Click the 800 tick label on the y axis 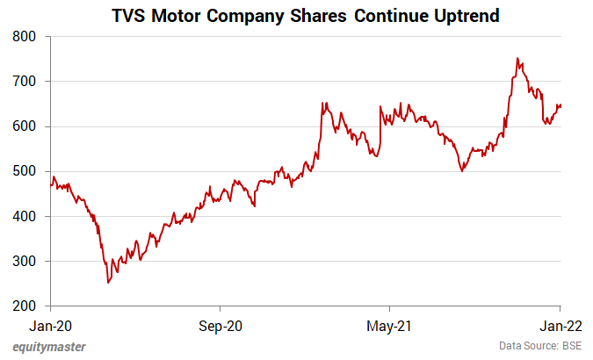25,36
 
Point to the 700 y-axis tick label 25,82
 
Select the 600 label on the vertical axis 25,126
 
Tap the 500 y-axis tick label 25,171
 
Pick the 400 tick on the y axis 25,216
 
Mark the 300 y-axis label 25,262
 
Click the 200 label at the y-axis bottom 25,306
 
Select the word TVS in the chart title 132,16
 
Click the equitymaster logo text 49,346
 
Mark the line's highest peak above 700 517,59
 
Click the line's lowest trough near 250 108,283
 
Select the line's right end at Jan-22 561,105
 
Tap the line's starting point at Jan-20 50,184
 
